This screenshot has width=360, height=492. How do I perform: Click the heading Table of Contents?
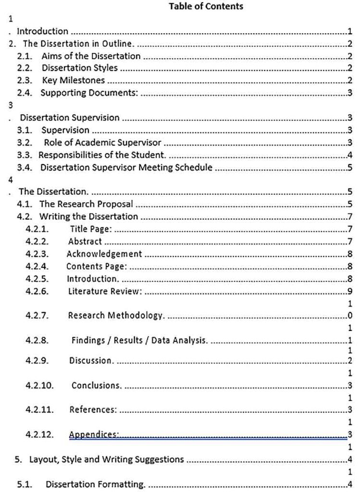coord(206,6)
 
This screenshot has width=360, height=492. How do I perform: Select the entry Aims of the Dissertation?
coord(91,56)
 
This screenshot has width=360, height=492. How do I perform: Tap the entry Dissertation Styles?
coord(79,68)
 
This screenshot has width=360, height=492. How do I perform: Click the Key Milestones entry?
coord(73,80)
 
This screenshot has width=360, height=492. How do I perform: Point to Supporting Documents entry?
coord(89,93)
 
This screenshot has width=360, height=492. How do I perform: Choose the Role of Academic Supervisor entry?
coord(102,142)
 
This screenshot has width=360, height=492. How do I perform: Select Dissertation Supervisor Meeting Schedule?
coord(126,167)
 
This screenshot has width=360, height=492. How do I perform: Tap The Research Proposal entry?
coord(86,204)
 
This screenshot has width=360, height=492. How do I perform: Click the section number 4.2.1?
coord(37,229)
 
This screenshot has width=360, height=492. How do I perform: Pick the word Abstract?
coord(85,241)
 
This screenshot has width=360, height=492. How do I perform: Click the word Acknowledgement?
coord(104,254)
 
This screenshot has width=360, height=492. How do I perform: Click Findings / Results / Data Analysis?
coord(139,340)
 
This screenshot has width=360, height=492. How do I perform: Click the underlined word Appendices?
coord(94,434)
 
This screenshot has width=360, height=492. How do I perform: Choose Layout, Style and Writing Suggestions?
coord(107,459)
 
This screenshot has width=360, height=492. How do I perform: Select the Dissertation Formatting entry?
coord(95,484)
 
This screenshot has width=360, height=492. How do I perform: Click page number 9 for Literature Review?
coord(350,291)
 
